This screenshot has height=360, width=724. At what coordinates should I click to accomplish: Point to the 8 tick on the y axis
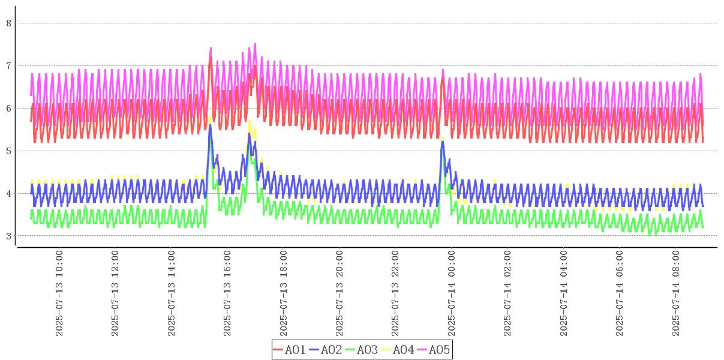8,23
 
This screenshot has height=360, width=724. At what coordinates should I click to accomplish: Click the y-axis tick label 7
8,65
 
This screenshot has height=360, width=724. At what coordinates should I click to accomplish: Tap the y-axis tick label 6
8,108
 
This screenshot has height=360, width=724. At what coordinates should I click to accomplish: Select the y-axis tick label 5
8,151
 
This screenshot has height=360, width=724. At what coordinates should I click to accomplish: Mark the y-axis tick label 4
8,193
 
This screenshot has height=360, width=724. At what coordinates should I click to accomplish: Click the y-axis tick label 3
8,236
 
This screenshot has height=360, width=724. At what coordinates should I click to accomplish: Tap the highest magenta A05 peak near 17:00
255,44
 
